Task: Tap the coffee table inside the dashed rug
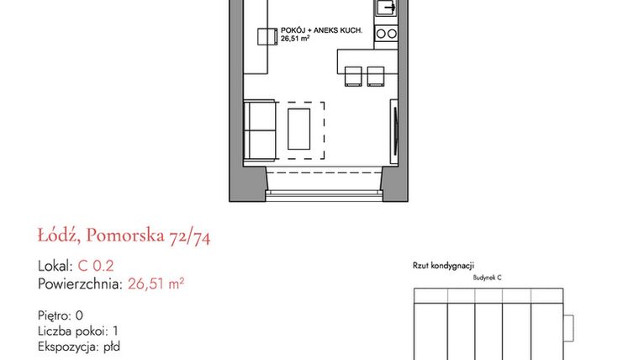[298, 130]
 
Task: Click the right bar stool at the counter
[375, 76]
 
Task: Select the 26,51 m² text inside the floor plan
[295, 39]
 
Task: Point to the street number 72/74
[191, 236]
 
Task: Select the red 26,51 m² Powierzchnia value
[156, 283]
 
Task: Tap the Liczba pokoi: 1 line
[78, 330]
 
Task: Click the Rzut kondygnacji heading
[444, 265]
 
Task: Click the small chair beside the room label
[267, 37]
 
